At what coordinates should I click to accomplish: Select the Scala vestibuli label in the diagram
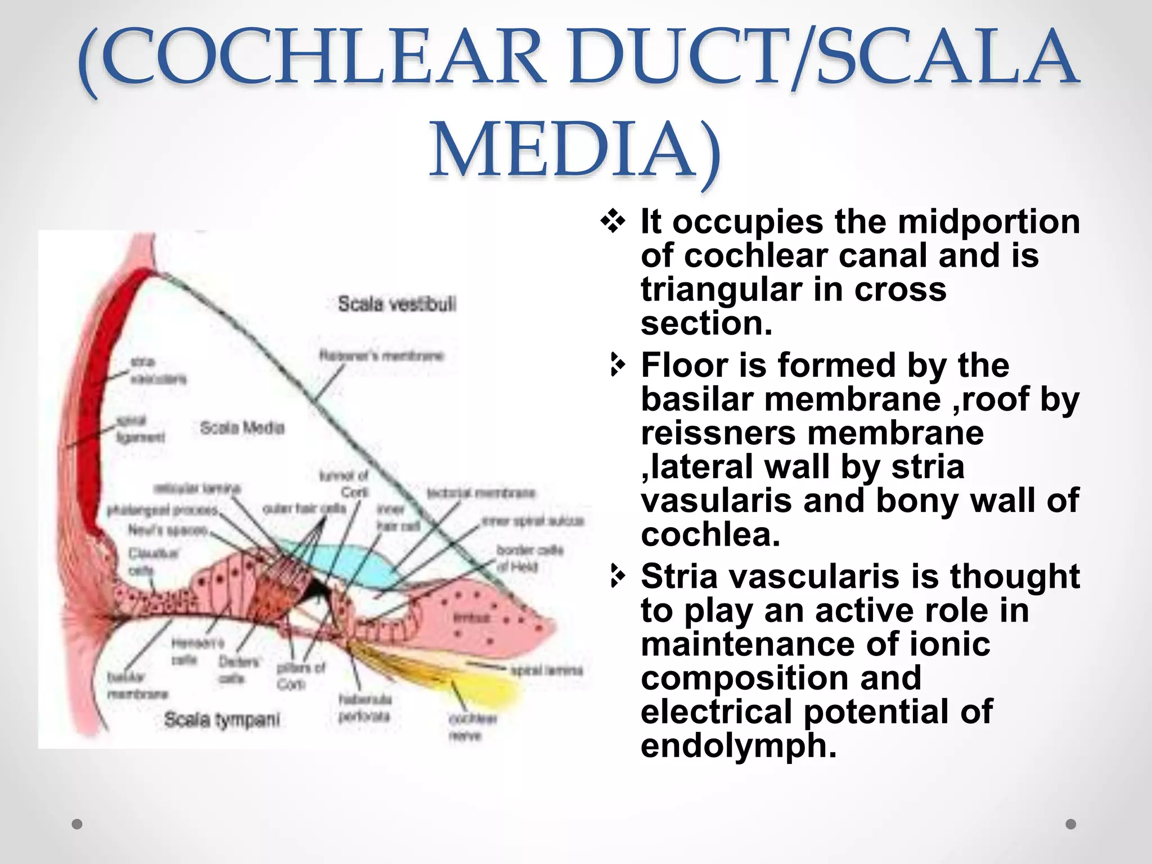coord(397,304)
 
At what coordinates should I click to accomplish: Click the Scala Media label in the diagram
coord(242,428)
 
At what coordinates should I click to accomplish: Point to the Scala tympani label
coord(222,719)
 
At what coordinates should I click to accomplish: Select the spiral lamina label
coord(546,670)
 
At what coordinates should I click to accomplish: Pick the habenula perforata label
coord(364,708)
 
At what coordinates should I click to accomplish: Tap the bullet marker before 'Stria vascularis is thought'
coord(617,577)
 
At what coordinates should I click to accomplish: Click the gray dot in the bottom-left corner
coord(78,824)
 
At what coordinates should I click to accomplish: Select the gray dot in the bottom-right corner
coord(1071,824)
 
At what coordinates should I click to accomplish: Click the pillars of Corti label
coord(301,676)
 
